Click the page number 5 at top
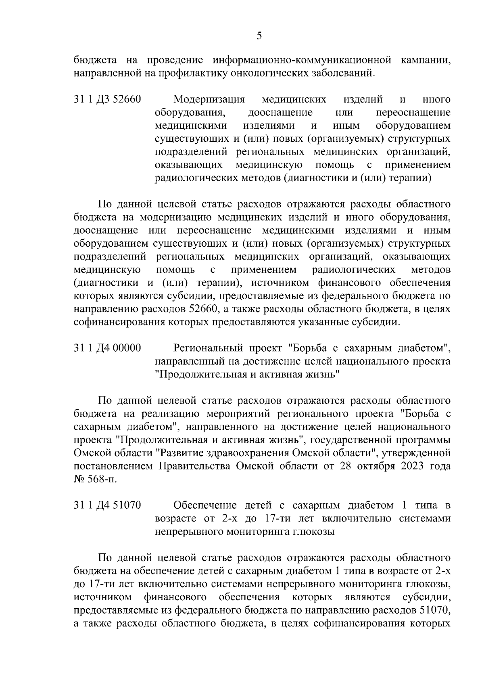pyautogui.click(x=259, y=36)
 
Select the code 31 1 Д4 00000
pyautogui.click(x=107, y=348)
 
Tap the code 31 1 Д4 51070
pyautogui.click(x=107, y=505)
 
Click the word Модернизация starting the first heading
pyautogui.click(x=209, y=100)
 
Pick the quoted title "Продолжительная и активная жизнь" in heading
pyautogui.click(x=247, y=374)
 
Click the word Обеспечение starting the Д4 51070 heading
pyautogui.click(x=205, y=505)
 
